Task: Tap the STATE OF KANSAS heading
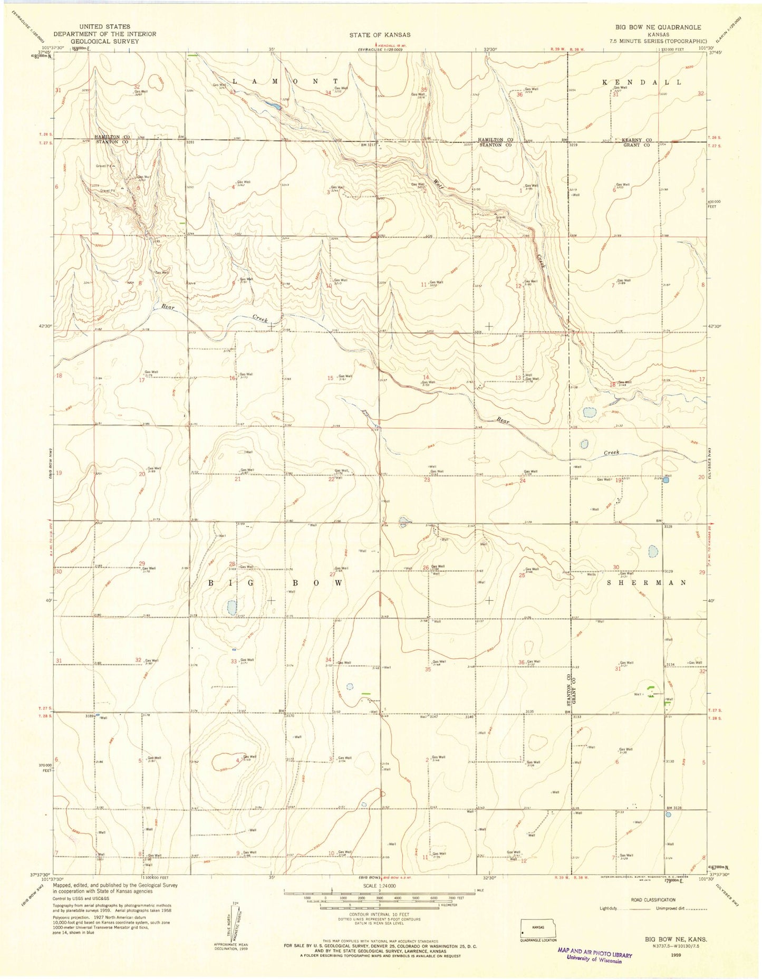380,35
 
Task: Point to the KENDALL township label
642,83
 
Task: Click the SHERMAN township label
647,583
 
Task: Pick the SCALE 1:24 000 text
379,886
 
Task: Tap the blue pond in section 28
231,607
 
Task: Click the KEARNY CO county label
636,140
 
